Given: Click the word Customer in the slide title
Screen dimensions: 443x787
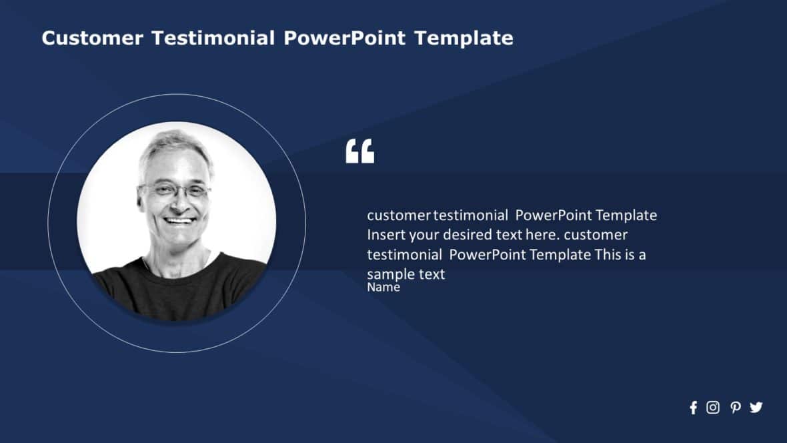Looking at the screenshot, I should [x=92, y=38].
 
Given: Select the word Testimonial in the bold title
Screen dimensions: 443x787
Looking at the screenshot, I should [x=213, y=38].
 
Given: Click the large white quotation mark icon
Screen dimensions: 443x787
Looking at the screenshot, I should [x=360, y=151].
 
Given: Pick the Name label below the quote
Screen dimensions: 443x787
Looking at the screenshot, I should [x=383, y=288].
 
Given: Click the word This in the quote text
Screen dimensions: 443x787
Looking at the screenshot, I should [x=608, y=254].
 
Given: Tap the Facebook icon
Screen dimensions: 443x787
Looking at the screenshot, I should [x=693, y=408].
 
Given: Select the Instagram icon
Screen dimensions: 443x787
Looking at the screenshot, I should [x=713, y=408].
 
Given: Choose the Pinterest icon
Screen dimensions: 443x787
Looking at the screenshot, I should [x=735, y=408].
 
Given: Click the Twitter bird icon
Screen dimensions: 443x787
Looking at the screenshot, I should [x=756, y=407].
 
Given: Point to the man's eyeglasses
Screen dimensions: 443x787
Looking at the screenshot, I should [x=175, y=191].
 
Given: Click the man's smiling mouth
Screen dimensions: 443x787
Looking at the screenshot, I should [x=179, y=219].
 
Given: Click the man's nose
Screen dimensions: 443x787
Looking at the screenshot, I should [x=177, y=203].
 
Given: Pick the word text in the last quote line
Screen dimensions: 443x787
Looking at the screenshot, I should [x=432, y=274].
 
